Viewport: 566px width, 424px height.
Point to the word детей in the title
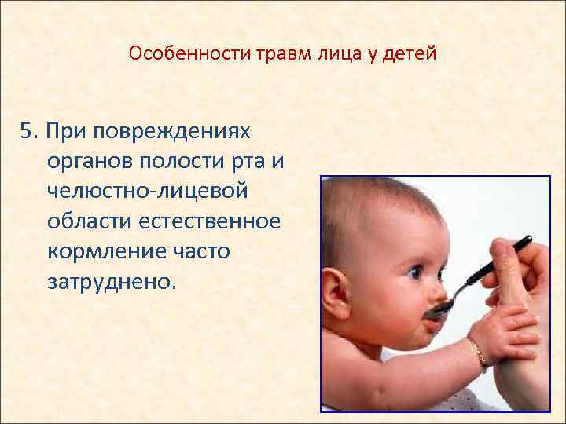412,54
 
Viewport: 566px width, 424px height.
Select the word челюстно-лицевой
147,191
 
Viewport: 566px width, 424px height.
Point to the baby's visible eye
413,272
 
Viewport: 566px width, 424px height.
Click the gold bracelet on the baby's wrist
477,352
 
